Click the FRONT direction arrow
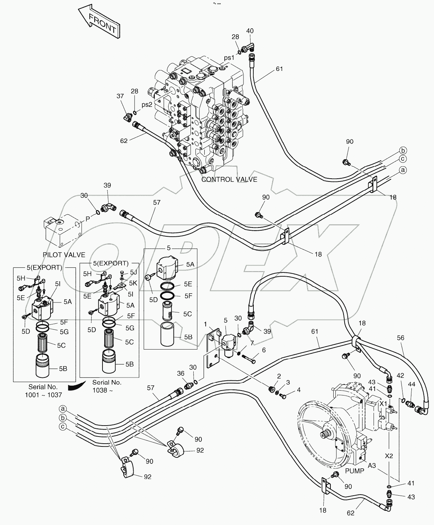pyautogui.click(x=99, y=21)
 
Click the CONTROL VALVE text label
pyautogui.click(x=229, y=179)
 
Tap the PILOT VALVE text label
pyautogui.click(x=64, y=255)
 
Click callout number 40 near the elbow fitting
pyautogui.click(x=250, y=31)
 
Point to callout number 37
pyautogui.click(x=121, y=96)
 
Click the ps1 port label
pyautogui.click(x=229, y=58)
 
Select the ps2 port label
pyautogui.click(x=147, y=105)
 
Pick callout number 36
pyautogui.click(x=181, y=373)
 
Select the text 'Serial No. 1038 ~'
pyautogui.click(x=107, y=386)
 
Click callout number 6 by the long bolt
pyautogui.click(x=263, y=350)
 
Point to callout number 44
pyautogui.click(x=412, y=384)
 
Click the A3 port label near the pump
pyautogui.click(x=372, y=466)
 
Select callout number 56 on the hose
pyautogui.click(x=400, y=338)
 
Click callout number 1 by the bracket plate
pyautogui.click(x=205, y=324)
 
